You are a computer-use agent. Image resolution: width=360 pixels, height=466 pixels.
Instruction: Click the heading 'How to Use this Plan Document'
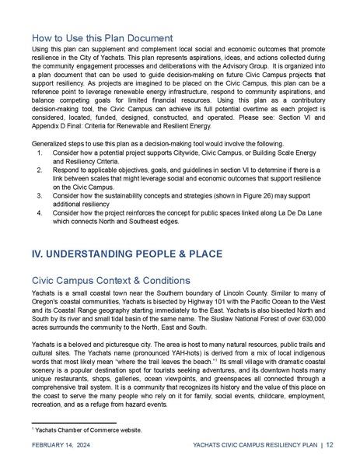(x=101, y=37)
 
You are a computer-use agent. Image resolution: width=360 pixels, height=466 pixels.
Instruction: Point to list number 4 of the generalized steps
(x=40, y=212)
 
